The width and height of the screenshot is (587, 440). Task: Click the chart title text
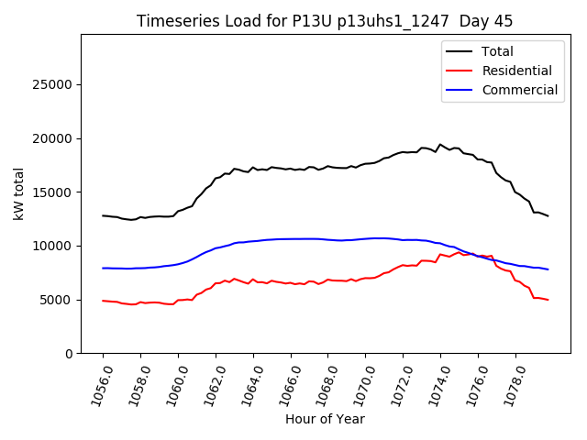coord(325,21)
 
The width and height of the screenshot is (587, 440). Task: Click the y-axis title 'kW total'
coord(19,193)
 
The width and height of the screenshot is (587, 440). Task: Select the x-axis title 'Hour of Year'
coord(325,419)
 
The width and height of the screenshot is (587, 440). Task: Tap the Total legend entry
coord(497,51)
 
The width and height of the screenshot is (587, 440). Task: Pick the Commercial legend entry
coord(519,90)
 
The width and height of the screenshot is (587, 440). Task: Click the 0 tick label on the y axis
coord(69,354)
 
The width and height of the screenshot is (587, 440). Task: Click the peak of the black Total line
coord(440,144)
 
